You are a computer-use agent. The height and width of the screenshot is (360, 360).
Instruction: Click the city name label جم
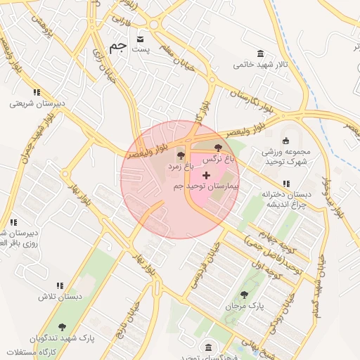point(118,48)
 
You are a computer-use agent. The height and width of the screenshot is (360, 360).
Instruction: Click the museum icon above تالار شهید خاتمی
point(261,54)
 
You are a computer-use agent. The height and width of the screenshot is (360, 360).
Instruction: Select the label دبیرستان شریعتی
point(37,103)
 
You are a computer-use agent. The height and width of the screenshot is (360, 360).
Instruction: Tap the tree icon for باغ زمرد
point(181,155)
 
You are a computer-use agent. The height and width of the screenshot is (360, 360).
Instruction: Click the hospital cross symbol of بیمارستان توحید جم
point(205,174)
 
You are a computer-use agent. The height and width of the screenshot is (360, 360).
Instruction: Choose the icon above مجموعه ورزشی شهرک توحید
point(285,140)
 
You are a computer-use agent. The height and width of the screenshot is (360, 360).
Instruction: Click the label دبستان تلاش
point(60,297)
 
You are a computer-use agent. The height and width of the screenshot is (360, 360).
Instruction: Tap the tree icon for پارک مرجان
point(244,295)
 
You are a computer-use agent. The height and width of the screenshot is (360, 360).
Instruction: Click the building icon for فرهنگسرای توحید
point(208,347)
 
